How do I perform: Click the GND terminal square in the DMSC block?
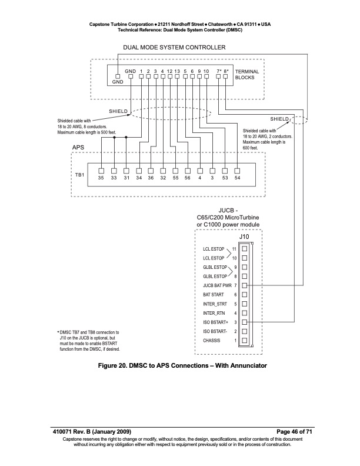point(118,76)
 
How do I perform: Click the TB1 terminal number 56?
point(188,177)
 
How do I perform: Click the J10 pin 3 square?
point(244,322)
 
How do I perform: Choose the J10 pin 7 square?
point(244,285)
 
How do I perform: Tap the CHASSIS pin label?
point(213,341)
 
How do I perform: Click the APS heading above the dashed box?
point(79,147)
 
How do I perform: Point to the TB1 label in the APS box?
point(79,175)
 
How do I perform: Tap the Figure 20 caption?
point(179,367)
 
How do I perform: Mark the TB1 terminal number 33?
point(114,177)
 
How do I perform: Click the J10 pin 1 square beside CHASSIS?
point(244,341)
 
